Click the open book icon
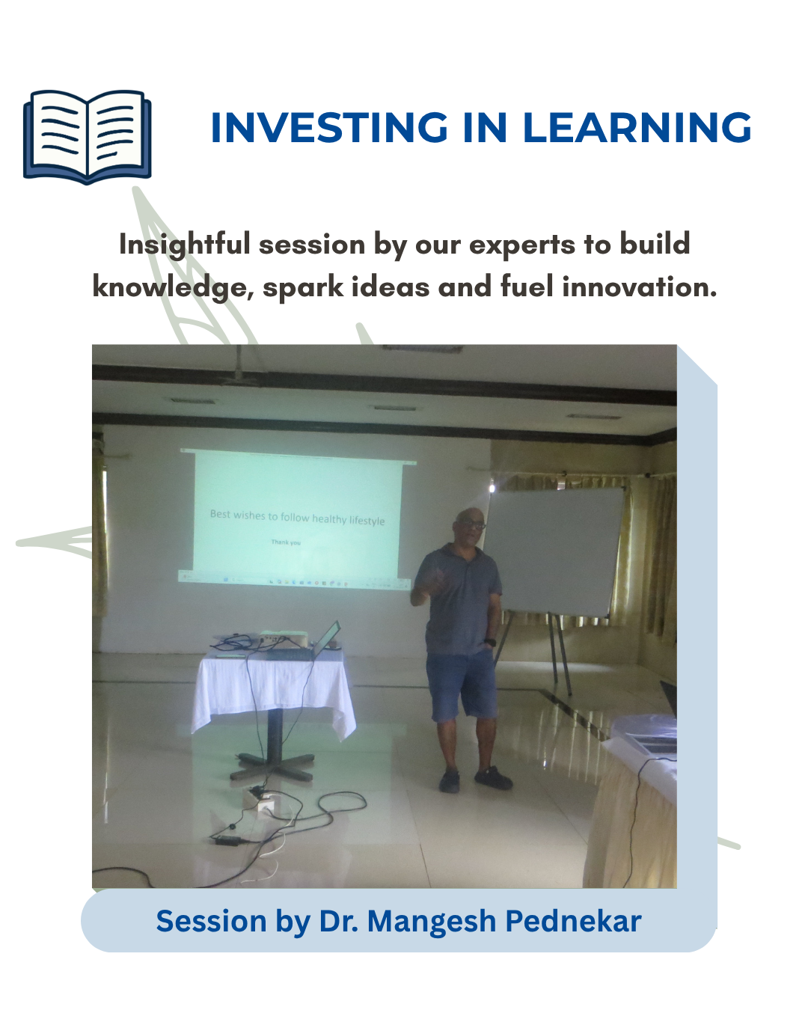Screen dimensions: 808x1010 click(x=88, y=136)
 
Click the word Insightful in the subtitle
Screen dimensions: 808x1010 click(x=184, y=245)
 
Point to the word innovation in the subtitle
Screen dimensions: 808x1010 click(x=639, y=287)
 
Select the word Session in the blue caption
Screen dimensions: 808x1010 click(x=211, y=921)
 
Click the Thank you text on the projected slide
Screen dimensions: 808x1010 click(x=286, y=542)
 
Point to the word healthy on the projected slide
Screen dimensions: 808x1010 click(x=329, y=518)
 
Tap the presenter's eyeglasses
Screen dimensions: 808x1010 click(x=472, y=524)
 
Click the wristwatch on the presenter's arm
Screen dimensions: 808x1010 click(x=490, y=642)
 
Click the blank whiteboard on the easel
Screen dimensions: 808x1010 click(x=555, y=551)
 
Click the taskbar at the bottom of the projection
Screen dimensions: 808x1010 click(x=294, y=582)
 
